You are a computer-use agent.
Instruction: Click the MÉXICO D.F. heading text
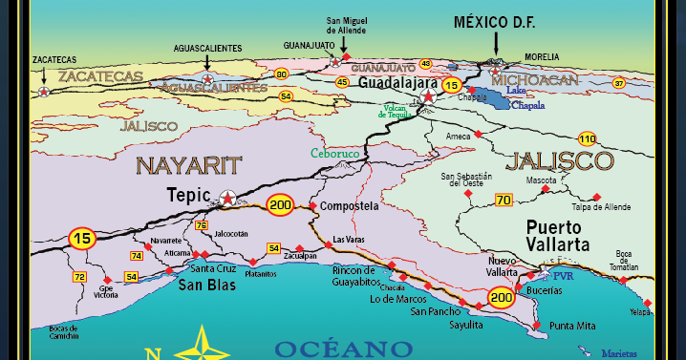click(x=497, y=21)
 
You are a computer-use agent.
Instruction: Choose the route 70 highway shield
click(x=504, y=200)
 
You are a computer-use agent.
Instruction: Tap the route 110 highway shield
click(x=587, y=138)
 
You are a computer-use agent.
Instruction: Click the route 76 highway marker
click(x=201, y=225)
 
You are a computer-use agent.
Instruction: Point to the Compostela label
click(x=349, y=205)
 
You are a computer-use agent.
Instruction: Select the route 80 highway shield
click(x=281, y=74)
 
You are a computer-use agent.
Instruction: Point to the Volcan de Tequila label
click(x=399, y=111)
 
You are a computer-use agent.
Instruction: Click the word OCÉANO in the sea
click(x=343, y=348)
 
